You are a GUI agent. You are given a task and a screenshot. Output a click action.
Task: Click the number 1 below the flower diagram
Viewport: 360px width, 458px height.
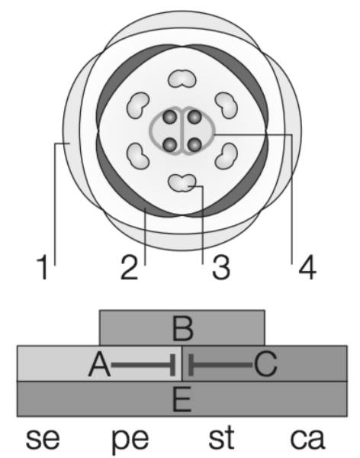pyautogui.click(x=43, y=267)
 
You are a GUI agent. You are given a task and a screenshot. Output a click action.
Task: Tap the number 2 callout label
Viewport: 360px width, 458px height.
pyautogui.click(x=130, y=267)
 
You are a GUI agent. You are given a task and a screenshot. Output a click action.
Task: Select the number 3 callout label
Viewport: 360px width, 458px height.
pyautogui.click(x=221, y=267)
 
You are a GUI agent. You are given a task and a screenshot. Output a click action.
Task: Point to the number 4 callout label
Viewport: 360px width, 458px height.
pyautogui.click(x=307, y=267)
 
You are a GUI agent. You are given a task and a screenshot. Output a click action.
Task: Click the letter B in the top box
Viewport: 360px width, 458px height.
pyautogui.click(x=183, y=328)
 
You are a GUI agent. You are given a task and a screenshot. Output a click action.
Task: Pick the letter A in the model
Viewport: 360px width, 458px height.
pyautogui.click(x=99, y=364)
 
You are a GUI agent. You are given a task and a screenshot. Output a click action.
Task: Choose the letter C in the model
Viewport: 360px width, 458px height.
pyautogui.click(x=265, y=364)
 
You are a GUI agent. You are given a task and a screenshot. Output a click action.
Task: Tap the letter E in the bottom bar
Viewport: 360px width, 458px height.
pyautogui.click(x=182, y=399)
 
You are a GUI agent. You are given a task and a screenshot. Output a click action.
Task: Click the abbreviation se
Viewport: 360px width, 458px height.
pyautogui.click(x=43, y=439)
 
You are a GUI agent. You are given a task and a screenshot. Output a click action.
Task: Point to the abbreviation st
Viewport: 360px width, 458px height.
pyautogui.click(x=222, y=437)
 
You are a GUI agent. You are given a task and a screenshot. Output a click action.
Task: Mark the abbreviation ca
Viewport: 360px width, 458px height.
pyautogui.click(x=307, y=439)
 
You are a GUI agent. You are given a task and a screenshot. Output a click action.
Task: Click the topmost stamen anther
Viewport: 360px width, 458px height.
pyautogui.click(x=182, y=79)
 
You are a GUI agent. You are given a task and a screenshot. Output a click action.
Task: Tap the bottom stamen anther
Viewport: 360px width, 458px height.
pyautogui.click(x=182, y=182)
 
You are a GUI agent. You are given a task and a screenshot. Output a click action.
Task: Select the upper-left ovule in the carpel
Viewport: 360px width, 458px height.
pyautogui.click(x=169, y=118)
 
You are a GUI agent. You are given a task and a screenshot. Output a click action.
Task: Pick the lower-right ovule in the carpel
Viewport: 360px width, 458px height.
pyautogui.click(x=194, y=144)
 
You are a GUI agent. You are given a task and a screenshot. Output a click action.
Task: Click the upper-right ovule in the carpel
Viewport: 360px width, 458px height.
pyautogui.click(x=194, y=118)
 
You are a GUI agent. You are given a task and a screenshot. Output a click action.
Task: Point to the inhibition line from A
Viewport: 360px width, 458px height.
pyautogui.click(x=143, y=365)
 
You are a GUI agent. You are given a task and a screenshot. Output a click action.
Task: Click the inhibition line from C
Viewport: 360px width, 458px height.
pyautogui.click(x=220, y=365)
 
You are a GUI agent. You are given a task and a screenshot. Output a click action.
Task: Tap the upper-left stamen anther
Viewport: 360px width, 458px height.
pyautogui.click(x=138, y=105)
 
